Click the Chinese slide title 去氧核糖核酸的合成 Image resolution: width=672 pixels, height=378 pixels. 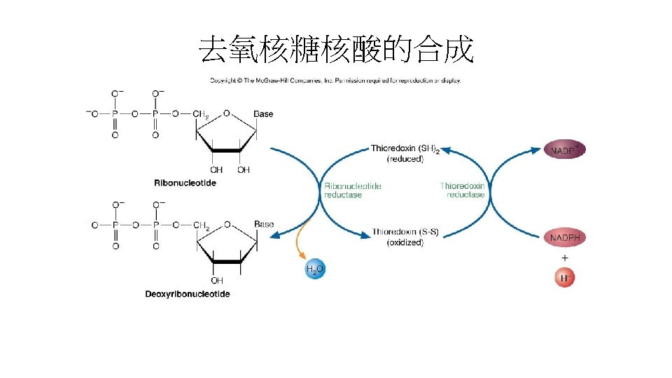point(336,50)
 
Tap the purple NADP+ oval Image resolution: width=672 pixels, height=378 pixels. point(564,150)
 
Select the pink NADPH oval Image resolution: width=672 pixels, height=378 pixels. point(564,238)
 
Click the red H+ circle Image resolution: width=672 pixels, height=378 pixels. point(565,278)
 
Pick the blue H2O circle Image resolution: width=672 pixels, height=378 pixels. point(314,269)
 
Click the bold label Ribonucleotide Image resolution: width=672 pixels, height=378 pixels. point(185,183)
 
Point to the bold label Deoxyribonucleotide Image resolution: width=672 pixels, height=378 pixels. point(187,294)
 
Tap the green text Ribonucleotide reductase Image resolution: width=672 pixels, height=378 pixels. point(352,190)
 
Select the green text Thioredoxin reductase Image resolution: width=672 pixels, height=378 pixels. point(462,190)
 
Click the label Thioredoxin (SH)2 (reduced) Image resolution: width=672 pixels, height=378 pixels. point(405,153)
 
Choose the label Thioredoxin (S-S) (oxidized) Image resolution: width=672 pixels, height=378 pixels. point(405,237)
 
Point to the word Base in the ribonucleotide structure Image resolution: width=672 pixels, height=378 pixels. point(263,114)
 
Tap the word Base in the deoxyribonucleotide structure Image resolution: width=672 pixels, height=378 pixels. point(264,225)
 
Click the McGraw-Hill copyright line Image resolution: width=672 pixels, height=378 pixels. point(335,80)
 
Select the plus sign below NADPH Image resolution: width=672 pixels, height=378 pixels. point(564,258)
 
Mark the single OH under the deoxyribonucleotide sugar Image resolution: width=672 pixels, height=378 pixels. point(217,280)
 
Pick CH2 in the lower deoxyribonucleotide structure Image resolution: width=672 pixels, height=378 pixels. point(202,225)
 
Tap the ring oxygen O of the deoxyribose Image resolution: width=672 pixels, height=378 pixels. point(227,225)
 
